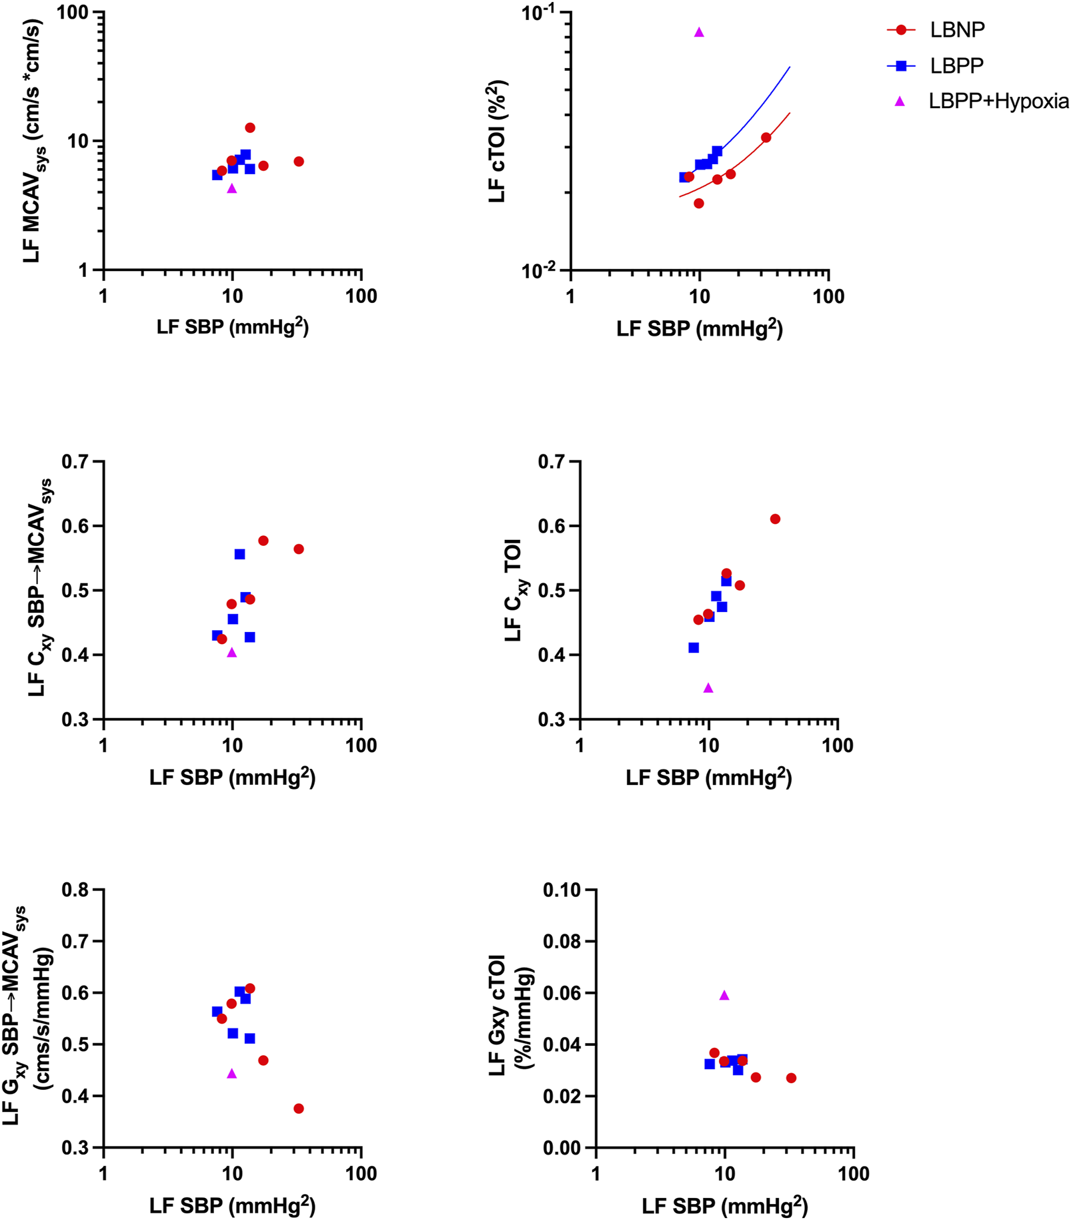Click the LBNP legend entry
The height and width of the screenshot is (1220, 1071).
(956, 30)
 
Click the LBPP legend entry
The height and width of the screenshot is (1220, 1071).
(956, 65)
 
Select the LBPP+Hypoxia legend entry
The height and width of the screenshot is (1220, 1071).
(998, 101)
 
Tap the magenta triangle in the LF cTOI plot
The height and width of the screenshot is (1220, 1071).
(699, 32)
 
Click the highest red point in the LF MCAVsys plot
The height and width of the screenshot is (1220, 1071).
(250, 127)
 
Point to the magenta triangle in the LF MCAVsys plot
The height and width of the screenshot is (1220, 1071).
(232, 188)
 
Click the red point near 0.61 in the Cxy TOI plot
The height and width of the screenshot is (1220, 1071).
(775, 519)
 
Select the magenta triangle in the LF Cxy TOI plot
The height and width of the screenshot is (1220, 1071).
(708, 687)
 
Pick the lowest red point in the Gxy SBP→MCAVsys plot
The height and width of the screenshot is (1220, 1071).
(299, 1108)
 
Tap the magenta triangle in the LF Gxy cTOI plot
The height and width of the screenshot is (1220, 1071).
(724, 995)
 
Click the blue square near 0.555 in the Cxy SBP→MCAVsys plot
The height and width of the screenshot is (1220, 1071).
(239, 554)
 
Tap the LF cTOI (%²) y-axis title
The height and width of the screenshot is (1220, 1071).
(497, 141)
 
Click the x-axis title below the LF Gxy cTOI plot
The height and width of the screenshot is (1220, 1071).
(724, 1205)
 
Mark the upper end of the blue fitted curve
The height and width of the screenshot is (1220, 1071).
(790, 67)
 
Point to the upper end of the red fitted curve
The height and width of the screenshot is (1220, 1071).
(790, 113)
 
